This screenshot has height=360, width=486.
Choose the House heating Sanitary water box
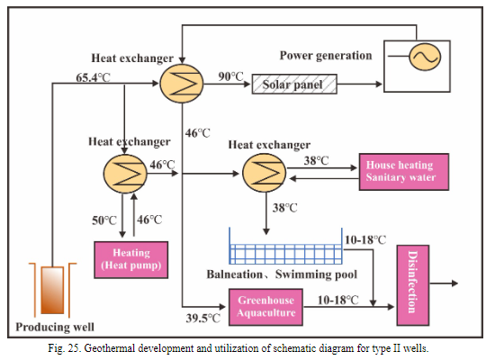[399, 171]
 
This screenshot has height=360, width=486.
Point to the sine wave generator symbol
[421, 57]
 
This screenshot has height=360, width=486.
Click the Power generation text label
[325, 55]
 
